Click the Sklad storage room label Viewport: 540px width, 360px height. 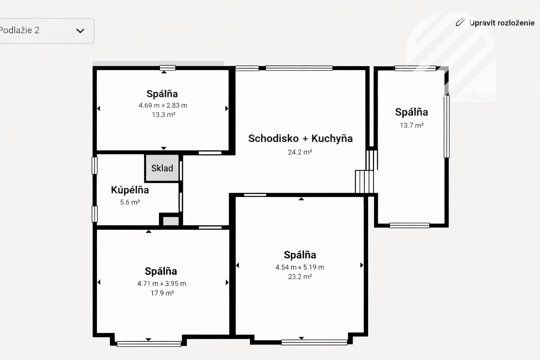pos(162,168)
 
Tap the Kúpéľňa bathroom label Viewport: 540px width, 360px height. pos(130,190)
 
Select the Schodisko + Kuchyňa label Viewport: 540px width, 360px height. pos(300,139)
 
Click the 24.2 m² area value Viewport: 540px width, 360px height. pos(300,152)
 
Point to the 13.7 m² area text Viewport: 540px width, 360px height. pos(412,125)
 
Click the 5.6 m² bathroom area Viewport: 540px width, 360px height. pos(130,202)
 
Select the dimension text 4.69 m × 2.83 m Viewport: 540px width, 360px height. pos(163,105)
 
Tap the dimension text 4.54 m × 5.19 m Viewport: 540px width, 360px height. pos(300,267)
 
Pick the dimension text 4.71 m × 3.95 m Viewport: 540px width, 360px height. pos(161,284)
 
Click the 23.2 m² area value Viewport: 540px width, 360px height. pos(300,277)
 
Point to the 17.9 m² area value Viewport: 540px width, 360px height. pos(162,293)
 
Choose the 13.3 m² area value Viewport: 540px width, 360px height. pos(163,115)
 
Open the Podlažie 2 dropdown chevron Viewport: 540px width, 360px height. pos(80,31)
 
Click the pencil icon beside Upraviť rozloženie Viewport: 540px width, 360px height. pos(460,22)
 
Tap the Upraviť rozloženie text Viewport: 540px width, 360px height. pos(502,23)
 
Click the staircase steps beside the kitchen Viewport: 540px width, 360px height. pos(365,181)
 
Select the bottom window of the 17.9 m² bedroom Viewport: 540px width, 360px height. pos(149,344)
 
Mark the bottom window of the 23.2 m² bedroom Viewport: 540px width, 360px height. pos(314,342)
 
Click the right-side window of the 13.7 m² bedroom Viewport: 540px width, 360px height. pos(447,127)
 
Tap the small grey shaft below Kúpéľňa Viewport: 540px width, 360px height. pos(171,221)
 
